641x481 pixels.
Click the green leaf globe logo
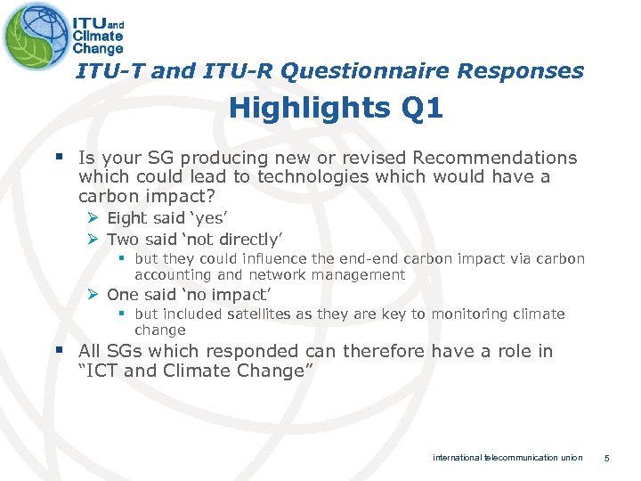[x=35, y=35]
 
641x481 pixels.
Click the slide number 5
[x=606, y=458]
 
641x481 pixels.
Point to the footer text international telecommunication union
[x=507, y=458]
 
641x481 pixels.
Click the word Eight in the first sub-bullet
[x=126, y=218]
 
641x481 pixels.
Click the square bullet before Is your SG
[x=61, y=158]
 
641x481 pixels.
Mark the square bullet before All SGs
[x=61, y=351]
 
